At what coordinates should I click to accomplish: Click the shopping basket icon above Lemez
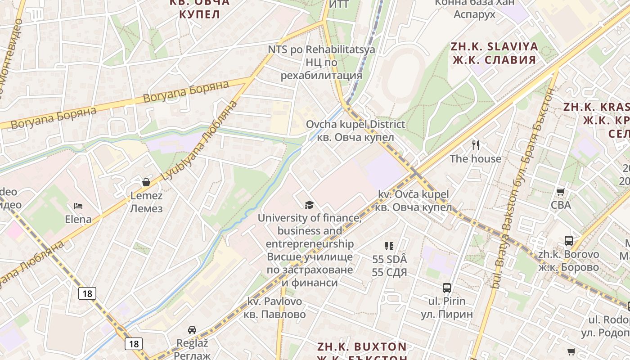(146, 182)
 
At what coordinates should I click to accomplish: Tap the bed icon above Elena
(78, 206)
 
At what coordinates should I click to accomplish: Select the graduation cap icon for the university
(309, 205)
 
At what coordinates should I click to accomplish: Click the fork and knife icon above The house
(476, 145)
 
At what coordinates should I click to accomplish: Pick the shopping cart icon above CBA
(561, 192)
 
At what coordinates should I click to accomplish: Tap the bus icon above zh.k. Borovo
(569, 241)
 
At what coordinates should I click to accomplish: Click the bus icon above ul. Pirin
(447, 288)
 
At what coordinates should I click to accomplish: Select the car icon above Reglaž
(192, 329)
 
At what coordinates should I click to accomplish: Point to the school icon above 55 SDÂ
(389, 246)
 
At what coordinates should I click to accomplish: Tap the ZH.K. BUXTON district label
(362, 347)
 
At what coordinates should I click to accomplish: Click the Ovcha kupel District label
(355, 124)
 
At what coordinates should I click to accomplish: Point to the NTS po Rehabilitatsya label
(321, 49)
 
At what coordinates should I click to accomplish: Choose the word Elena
(78, 220)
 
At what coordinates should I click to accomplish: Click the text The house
(476, 159)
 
